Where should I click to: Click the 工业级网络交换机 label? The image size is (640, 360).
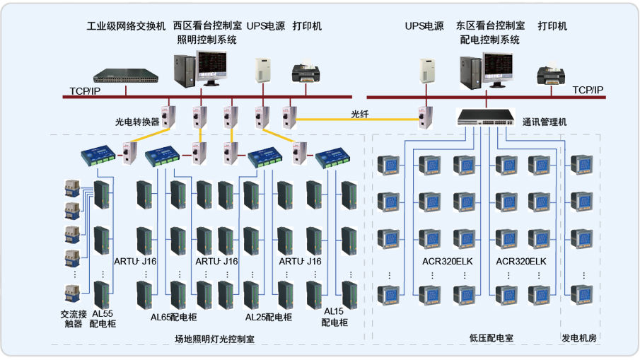pos(126,26)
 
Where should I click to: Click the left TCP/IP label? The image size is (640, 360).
pos(85,91)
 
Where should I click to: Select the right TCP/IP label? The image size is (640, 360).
pos(588,90)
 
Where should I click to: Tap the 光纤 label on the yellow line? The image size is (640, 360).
pos(361,113)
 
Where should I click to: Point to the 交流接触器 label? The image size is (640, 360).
pos(74,318)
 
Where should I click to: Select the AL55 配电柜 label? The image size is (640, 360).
pos(103,318)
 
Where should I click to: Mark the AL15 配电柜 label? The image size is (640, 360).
pos(334,316)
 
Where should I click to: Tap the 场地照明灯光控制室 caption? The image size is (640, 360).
pos(215,339)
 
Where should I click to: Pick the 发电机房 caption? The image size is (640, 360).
pos(579,338)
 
